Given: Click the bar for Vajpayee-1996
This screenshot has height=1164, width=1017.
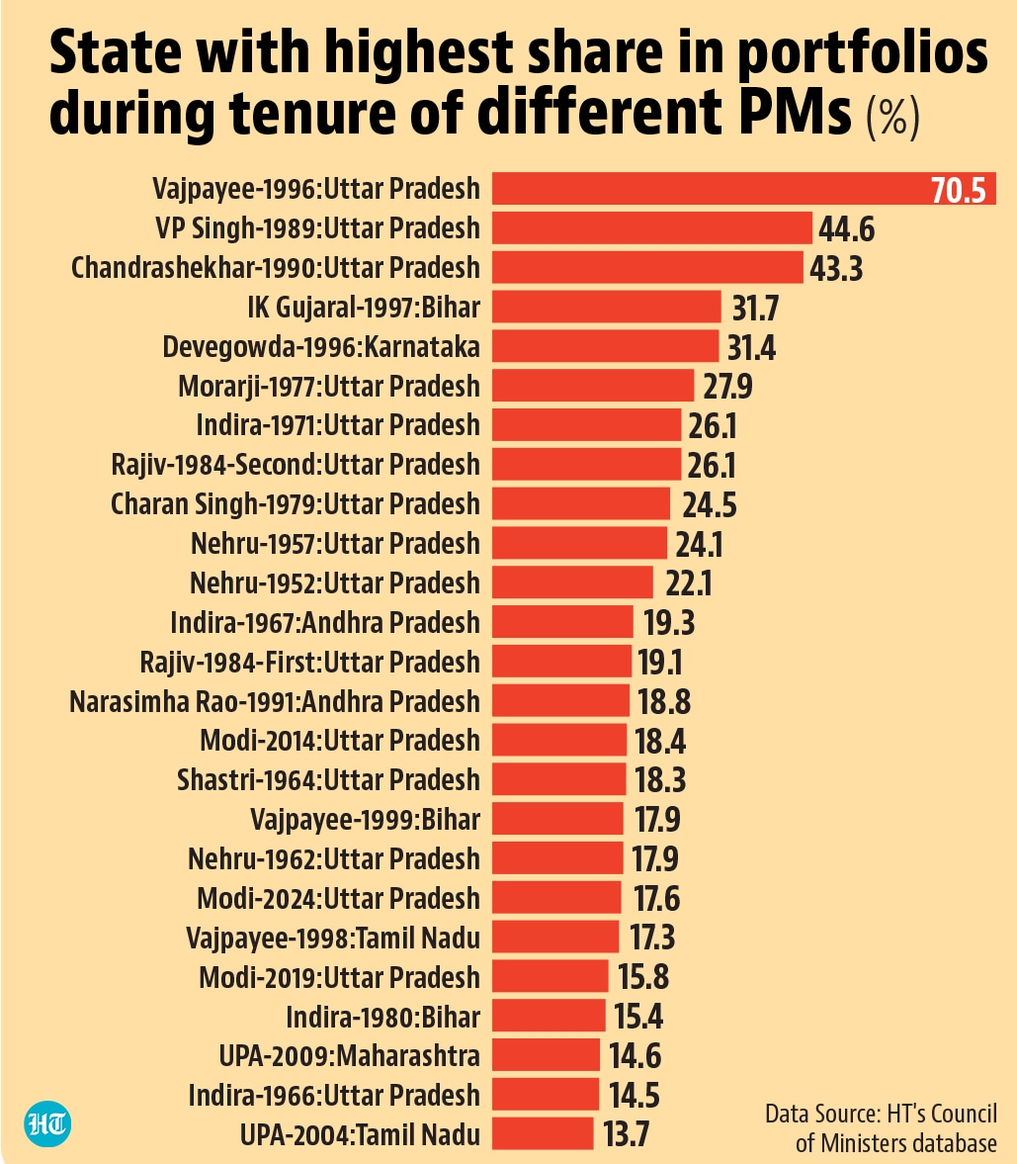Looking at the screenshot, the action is click(744, 189).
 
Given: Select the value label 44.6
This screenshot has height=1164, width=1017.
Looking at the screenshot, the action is click(846, 228).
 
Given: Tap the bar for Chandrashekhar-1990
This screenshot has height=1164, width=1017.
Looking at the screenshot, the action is click(647, 267).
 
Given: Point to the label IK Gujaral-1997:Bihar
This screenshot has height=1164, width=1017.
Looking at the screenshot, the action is click(364, 308).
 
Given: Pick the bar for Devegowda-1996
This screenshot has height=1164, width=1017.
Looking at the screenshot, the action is click(605, 346).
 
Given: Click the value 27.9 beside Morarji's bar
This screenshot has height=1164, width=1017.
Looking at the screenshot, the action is click(727, 386).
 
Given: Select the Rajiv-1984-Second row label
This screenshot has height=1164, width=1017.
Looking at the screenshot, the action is click(296, 465).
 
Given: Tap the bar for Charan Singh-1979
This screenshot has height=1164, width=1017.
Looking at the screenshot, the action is click(581, 503).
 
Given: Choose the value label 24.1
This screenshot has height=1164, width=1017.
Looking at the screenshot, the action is click(699, 544).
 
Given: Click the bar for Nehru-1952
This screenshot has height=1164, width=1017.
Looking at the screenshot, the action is click(572, 582).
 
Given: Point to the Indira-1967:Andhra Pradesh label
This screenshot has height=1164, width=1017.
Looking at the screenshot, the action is click(325, 622).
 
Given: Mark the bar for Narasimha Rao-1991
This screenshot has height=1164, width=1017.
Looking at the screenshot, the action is click(560, 701).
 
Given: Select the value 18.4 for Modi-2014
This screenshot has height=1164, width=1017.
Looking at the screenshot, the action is click(660, 741).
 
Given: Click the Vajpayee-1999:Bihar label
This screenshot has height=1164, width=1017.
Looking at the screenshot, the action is click(365, 820).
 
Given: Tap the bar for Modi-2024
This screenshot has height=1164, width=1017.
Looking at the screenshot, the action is click(556, 898).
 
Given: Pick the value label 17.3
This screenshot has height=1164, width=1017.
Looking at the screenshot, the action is click(652, 938).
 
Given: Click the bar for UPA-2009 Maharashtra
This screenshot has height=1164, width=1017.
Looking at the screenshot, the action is click(546, 1055).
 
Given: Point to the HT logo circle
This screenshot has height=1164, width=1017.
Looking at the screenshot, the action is click(47, 1123).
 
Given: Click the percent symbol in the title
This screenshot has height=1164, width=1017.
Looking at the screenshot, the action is click(893, 116).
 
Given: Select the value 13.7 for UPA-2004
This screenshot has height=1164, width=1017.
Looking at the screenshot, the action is click(626, 1134).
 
